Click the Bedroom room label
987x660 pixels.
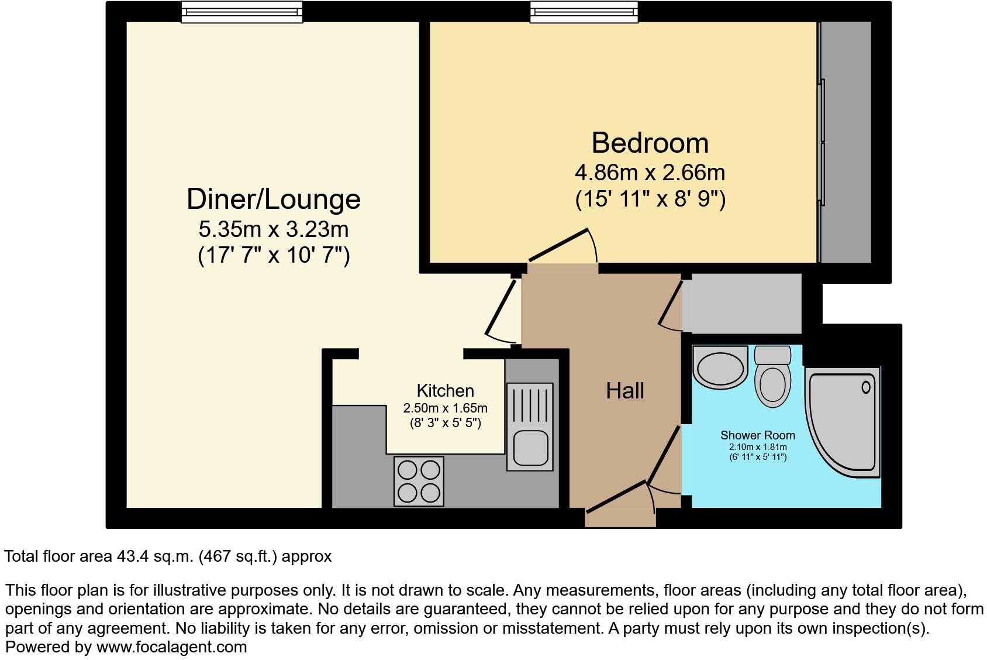click(x=650, y=143)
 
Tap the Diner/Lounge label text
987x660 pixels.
click(x=273, y=199)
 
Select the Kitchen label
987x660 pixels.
click(x=445, y=390)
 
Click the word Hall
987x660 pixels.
click(x=624, y=390)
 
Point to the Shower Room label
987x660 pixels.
click(x=757, y=435)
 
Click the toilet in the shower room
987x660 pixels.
click(x=772, y=377)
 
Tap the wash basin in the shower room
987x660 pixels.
click(x=720, y=367)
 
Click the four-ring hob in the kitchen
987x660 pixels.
click(x=419, y=480)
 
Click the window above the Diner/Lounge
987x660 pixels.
click(x=241, y=12)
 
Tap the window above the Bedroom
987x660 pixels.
click(x=584, y=12)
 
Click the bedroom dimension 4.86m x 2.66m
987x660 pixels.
click(x=650, y=173)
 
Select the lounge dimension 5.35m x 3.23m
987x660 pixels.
click(x=273, y=229)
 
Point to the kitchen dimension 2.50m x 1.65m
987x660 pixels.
click(x=445, y=408)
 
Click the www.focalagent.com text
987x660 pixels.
click(x=171, y=647)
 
